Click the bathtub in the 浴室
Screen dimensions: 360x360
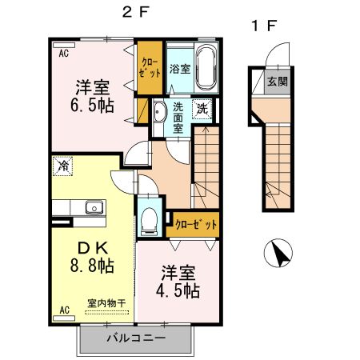pyautogui.click(x=206, y=67)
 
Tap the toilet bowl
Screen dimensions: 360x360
pyautogui.click(x=150, y=220)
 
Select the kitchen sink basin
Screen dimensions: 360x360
pyautogui.click(x=94, y=207)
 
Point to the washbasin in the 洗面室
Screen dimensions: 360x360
pyautogui.click(x=159, y=112)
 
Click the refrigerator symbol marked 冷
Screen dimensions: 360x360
pyautogui.click(x=62, y=166)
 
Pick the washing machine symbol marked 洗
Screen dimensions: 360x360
pyautogui.click(x=202, y=109)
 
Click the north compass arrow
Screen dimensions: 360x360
pyautogui.click(x=279, y=254)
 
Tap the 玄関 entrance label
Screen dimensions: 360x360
pyautogui.click(x=278, y=82)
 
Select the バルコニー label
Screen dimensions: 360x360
pyautogui.click(x=136, y=338)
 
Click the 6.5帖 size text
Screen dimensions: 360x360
pyautogui.click(x=92, y=105)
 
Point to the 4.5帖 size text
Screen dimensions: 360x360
pyautogui.click(x=178, y=290)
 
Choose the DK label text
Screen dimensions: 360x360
pyautogui.click(x=93, y=248)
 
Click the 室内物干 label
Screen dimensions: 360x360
pyautogui.click(x=106, y=303)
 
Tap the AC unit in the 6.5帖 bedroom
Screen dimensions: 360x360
pyautogui.click(x=64, y=45)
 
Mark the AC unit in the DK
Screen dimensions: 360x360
pyautogui.click(x=64, y=318)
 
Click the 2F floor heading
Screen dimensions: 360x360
pyautogui.click(x=135, y=12)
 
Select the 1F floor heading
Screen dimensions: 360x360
pyautogui.click(x=264, y=26)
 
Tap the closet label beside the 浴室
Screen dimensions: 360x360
pyautogui.click(x=150, y=67)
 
